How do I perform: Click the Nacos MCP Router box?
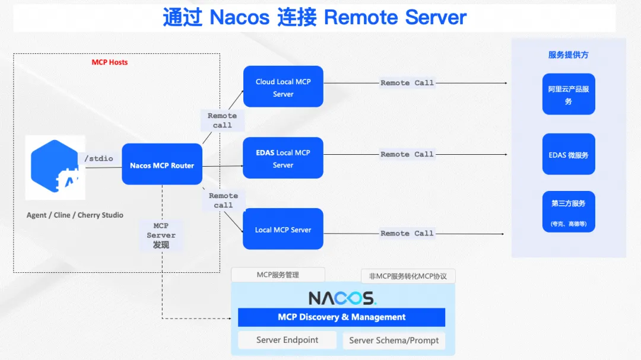(x=162, y=165)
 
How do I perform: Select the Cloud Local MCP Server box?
(x=283, y=87)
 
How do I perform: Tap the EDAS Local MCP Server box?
(x=283, y=158)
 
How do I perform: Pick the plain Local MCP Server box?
(x=283, y=230)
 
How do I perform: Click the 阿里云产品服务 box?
(x=568, y=95)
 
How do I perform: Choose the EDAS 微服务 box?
(x=568, y=155)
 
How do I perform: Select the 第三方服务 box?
(x=568, y=212)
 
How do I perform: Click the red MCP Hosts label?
(x=109, y=62)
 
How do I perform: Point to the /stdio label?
(x=99, y=158)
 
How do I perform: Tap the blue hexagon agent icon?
(x=55, y=166)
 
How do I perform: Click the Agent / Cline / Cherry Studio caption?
(x=75, y=215)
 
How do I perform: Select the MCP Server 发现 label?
(x=161, y=235)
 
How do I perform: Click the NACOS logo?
(x=342, y=298)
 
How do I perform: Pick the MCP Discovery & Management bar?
(x=341, y=317)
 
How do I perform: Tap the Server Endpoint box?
(x=287, y=340)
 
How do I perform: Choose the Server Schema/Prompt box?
(x=394, y=340)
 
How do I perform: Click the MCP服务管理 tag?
(x=278, y=275)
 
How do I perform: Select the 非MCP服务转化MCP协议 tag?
(x=408, y=276)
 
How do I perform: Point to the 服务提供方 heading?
(x=568, y=55)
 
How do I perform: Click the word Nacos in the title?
(x=240, y=18)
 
